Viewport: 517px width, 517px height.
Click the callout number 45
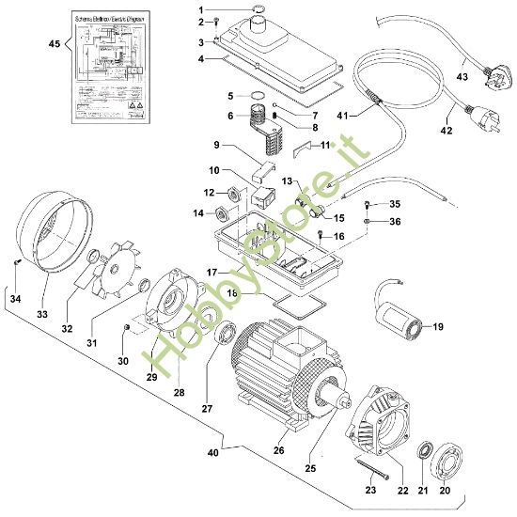pos(54,42)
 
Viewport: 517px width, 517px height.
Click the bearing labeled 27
pos(227,334)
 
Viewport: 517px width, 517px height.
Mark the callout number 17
pos(212,272)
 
